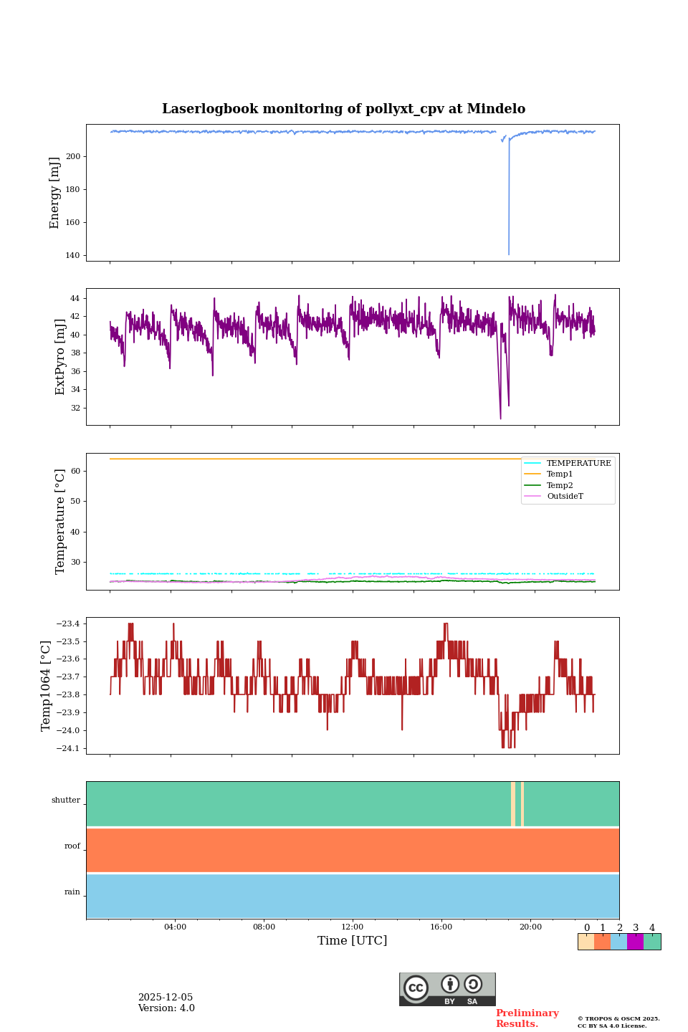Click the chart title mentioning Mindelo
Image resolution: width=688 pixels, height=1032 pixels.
(x=343, y=109)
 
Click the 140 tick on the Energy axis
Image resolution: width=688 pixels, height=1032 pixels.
(x=73, y=256)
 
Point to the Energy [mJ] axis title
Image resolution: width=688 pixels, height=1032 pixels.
(x=54, y=193)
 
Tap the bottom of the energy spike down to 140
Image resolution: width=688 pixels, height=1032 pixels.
(x=509, y=254)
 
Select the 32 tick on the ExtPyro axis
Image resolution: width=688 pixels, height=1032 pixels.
(x=75, y=408)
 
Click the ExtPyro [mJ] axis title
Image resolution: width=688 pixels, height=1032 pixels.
(x=60, y=357)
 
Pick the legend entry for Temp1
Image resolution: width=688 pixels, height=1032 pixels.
(x=559, y=474)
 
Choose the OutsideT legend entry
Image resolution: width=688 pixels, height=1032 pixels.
(x=565, y=497)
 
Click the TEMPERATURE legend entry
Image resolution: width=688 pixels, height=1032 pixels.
(x=578, y=464)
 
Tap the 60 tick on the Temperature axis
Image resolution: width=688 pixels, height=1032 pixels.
(x=75, y=472)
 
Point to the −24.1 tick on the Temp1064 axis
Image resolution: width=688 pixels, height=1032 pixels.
(x=66, y=749)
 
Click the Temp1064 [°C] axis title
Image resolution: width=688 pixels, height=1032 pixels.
(x=47, y=686)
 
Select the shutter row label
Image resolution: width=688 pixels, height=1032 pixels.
(x=66, y=801)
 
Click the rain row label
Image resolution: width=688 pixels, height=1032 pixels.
(x=72, y=892)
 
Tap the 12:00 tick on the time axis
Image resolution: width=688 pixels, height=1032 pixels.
(x=353, y=927)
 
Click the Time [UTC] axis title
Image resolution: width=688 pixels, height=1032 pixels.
(x=353, y=941)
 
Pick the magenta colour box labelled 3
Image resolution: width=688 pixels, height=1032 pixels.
(x=635, y=942)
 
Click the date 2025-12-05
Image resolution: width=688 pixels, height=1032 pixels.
(x=166, y=998)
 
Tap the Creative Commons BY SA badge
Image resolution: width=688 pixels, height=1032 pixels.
(x=447, y=989)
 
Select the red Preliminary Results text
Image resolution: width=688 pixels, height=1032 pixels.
(x=527, y=1018)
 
